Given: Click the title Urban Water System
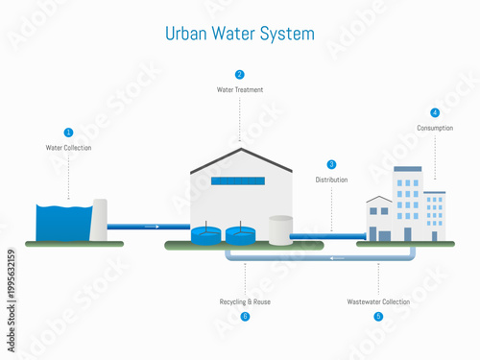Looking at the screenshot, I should pos(239,34).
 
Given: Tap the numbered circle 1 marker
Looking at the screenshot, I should pos(68,132).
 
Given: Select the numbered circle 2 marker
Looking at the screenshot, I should pos(239,74).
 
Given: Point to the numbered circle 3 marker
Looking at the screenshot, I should pos(332,164).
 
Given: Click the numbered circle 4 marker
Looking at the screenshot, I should pos(435,112).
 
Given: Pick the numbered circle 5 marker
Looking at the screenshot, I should pos(378,316).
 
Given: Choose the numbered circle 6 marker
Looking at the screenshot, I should pos(245,316).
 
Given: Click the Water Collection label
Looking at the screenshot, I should pos(68,148).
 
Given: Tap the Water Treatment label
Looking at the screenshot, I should pos(239,90).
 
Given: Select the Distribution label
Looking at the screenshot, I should pos(332,180).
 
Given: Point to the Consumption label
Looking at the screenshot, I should pos(435,128).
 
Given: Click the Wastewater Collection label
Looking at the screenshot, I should pos(378,301).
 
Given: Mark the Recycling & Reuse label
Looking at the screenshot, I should pos(245,301).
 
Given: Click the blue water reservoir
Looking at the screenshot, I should pos(63,223).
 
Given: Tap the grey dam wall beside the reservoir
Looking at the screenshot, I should pos(100,221).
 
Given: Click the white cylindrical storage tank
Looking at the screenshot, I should pos(280,229).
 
